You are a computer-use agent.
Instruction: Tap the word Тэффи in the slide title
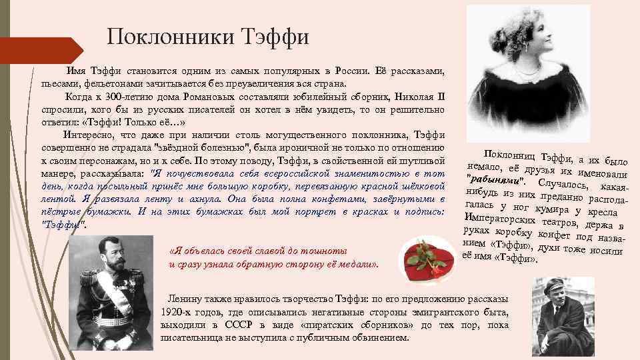tap(274, 37)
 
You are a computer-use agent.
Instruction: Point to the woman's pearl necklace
tap(527, 69)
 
